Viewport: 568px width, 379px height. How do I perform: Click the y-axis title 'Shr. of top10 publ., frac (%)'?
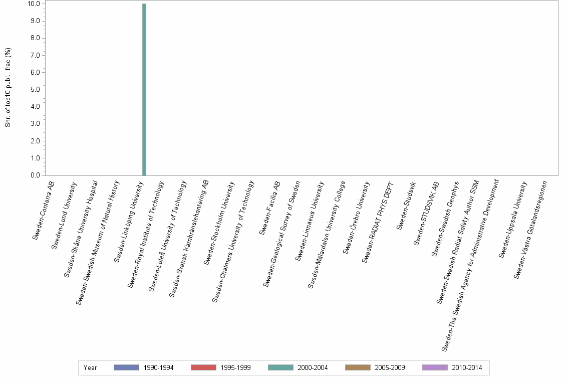tap(8, 88)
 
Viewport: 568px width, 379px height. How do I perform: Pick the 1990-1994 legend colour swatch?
tap(126, 367)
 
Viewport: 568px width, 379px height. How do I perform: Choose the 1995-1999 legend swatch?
tap(203, 367)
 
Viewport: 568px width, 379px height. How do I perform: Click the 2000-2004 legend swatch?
tap(280, 367)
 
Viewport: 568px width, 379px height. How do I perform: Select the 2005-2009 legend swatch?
tap(357, 367)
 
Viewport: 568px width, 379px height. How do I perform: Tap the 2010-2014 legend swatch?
tap(434, 367)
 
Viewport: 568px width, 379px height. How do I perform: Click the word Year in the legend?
tap(90, 368)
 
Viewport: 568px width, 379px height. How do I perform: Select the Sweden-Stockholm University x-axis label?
tap(219, 223)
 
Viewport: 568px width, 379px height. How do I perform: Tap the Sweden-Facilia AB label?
tap(269, 208)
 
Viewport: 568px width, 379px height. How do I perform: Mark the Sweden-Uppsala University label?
tap(513, 220)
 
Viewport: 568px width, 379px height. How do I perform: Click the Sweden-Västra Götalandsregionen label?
tap(530, 230)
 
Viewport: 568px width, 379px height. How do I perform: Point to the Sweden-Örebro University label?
tap(356, 218)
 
